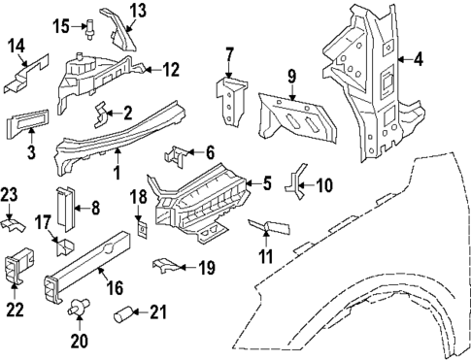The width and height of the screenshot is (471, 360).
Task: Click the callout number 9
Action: pyautogui.click(x=290, y=75)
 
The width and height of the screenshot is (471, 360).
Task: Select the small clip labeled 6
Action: pyautogui.click(x=178, y=153)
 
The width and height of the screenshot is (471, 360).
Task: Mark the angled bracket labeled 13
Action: pyautogui.click(x=118, y=26)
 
